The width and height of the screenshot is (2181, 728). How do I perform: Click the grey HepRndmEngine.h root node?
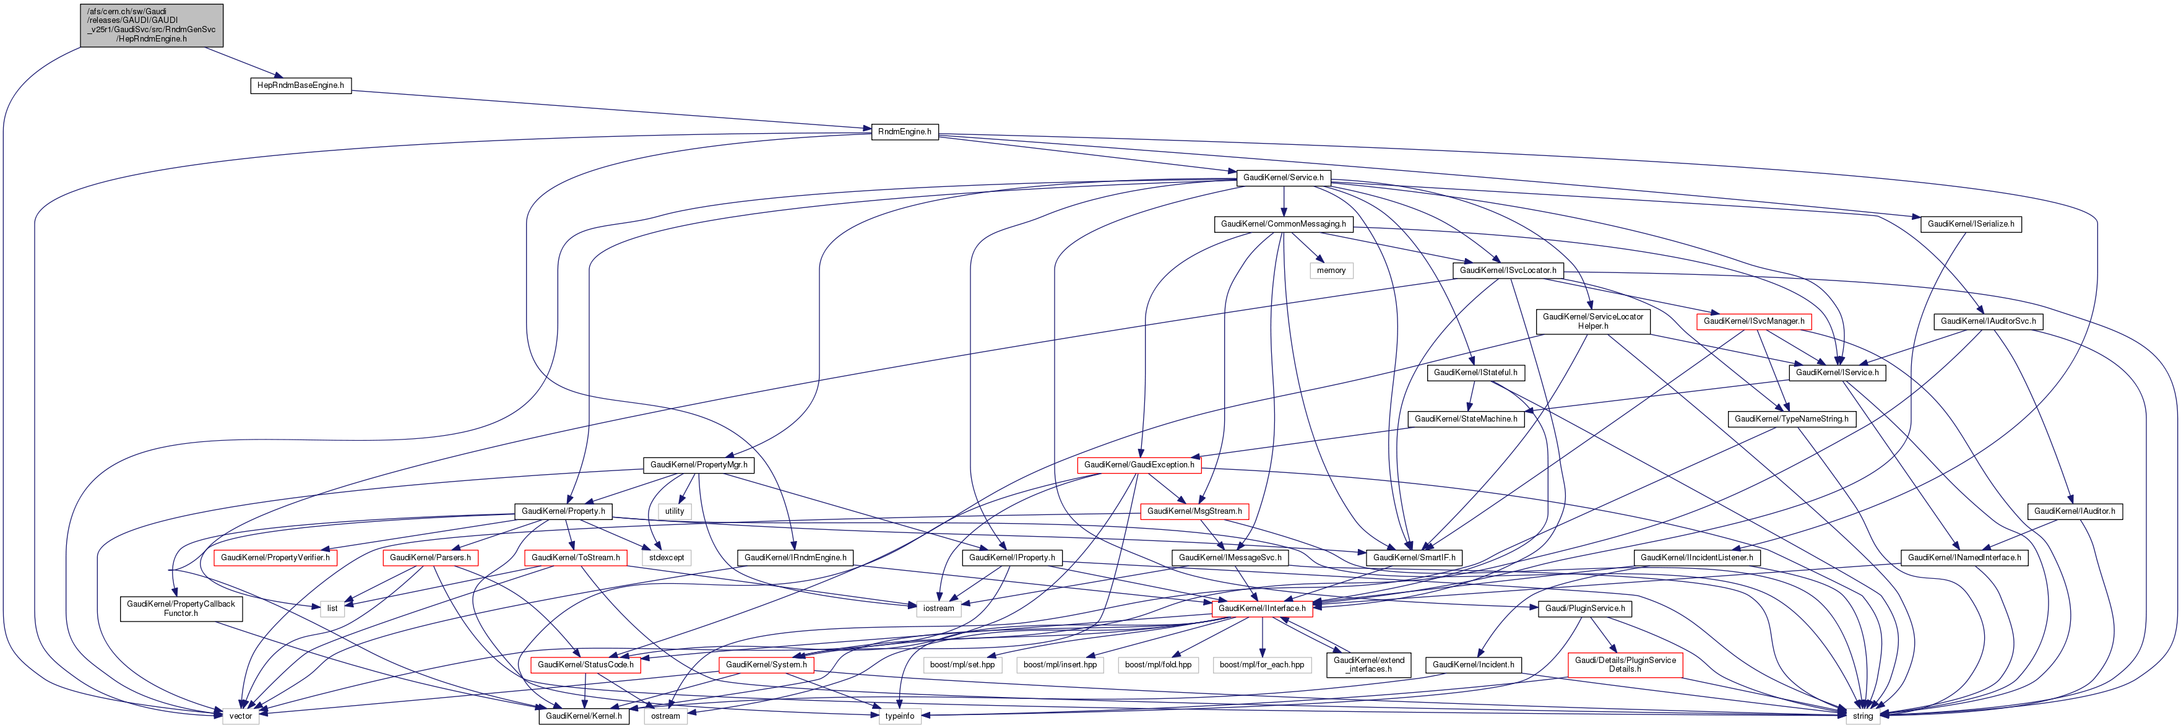coord(152,25)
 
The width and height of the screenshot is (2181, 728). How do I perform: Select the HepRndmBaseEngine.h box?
coord(301,85)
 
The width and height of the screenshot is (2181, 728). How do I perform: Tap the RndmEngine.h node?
coord(904,132)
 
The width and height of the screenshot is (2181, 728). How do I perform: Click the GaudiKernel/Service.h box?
coord(1283,178)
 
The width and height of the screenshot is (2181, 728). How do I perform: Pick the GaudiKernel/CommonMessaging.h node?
coord(1283,224)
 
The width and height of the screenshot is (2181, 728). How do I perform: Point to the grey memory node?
coord(1331,271)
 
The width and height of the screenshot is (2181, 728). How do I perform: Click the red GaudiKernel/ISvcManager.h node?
coord(1753,322)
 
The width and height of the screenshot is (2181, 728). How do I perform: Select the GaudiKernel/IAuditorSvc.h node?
coord(1988,322)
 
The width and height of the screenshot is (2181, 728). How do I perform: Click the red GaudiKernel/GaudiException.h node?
coord(1139,465)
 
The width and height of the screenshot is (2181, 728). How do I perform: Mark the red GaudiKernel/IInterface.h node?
coord(1261,609)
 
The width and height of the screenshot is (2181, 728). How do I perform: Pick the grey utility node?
coord(674,511)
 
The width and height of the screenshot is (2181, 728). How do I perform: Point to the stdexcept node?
coord(667,558)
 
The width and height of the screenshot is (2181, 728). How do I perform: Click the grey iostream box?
coord(938,609)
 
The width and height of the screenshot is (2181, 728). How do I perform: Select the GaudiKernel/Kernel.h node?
coord(584,716)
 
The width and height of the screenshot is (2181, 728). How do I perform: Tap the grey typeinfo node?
coord(899,716)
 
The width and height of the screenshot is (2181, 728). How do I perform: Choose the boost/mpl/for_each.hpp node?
coord(1261,665)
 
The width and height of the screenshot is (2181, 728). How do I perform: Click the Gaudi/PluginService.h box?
coord(1584,609)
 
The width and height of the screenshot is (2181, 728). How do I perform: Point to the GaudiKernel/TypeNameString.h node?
coord(1790,419)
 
